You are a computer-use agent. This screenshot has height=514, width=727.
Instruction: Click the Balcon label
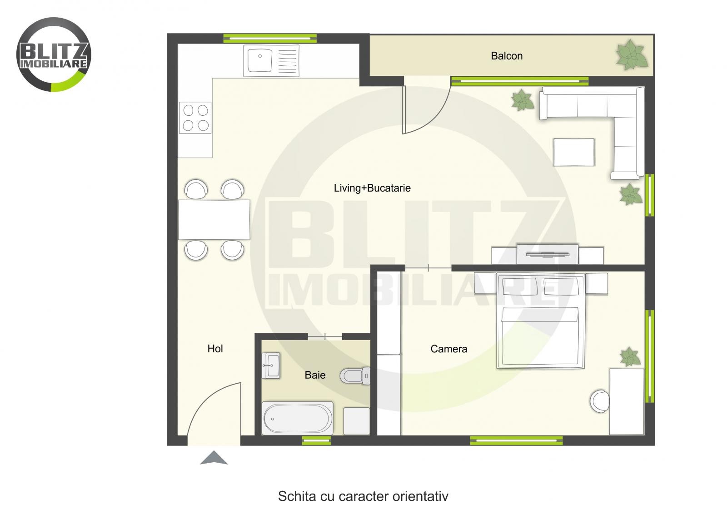click(507, 56)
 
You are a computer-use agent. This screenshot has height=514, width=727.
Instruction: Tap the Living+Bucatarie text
click(372, 188)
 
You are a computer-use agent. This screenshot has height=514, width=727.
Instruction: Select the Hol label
click(215, 349)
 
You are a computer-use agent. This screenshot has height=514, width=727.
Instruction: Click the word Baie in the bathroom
click(315, 375)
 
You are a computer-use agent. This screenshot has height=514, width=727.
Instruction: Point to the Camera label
click(448, 349)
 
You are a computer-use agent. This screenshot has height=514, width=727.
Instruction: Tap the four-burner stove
click(195, 118)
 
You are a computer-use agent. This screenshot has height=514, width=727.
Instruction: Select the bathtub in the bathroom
click(298, 418)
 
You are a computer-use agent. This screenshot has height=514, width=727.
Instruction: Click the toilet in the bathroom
click(354, 376)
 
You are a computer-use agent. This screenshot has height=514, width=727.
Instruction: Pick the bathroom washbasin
click(271, 366)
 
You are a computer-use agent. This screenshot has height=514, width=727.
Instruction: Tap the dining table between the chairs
click(214, 219)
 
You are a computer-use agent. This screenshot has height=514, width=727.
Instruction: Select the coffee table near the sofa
click(574, 152)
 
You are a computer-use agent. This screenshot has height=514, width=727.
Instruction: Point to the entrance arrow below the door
click(214, 458)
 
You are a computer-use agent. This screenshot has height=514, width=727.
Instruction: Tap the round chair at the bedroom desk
click(600, 401)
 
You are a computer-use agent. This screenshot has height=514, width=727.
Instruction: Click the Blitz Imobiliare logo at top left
click(54, 54)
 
